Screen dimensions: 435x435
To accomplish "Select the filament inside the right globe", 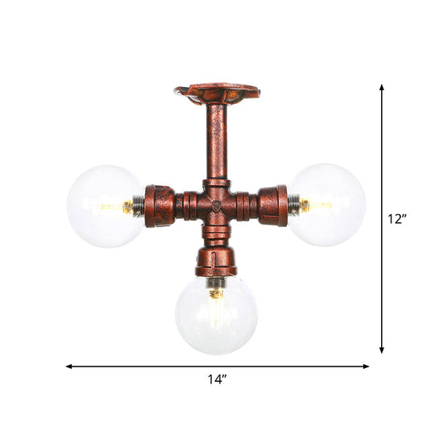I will (x=316, y=206).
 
